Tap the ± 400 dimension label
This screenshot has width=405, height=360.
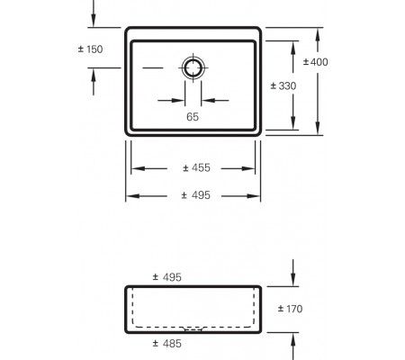click(315, 61)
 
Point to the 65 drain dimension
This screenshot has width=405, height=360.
click(193, 117)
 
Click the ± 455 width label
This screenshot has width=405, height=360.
click(196, 167)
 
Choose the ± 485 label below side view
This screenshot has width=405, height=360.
click(167, 345)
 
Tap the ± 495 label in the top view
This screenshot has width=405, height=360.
click(196, 195)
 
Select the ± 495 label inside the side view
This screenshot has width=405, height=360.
click(167, 278)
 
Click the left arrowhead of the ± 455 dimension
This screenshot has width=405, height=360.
click(136, 168)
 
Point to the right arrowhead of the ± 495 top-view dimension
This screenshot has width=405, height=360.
click(258, 195)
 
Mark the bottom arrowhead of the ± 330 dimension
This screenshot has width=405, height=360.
click(295, 123)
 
